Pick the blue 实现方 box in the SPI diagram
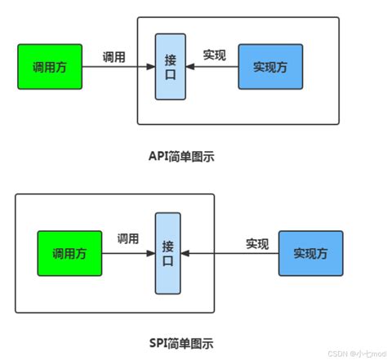[x=311, y=253]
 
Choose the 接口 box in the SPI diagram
[x=167, y=253]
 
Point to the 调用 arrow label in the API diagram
[x=113, y=57]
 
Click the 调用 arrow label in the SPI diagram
[x=128, y=239]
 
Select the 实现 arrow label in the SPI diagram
[x=257, y=242]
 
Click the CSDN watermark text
[x=355, y=353]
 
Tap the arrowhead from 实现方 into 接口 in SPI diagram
[x=185, y=253]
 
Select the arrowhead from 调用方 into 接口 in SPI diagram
[x=151, y=253]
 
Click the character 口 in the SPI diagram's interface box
[x=167, y=263]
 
